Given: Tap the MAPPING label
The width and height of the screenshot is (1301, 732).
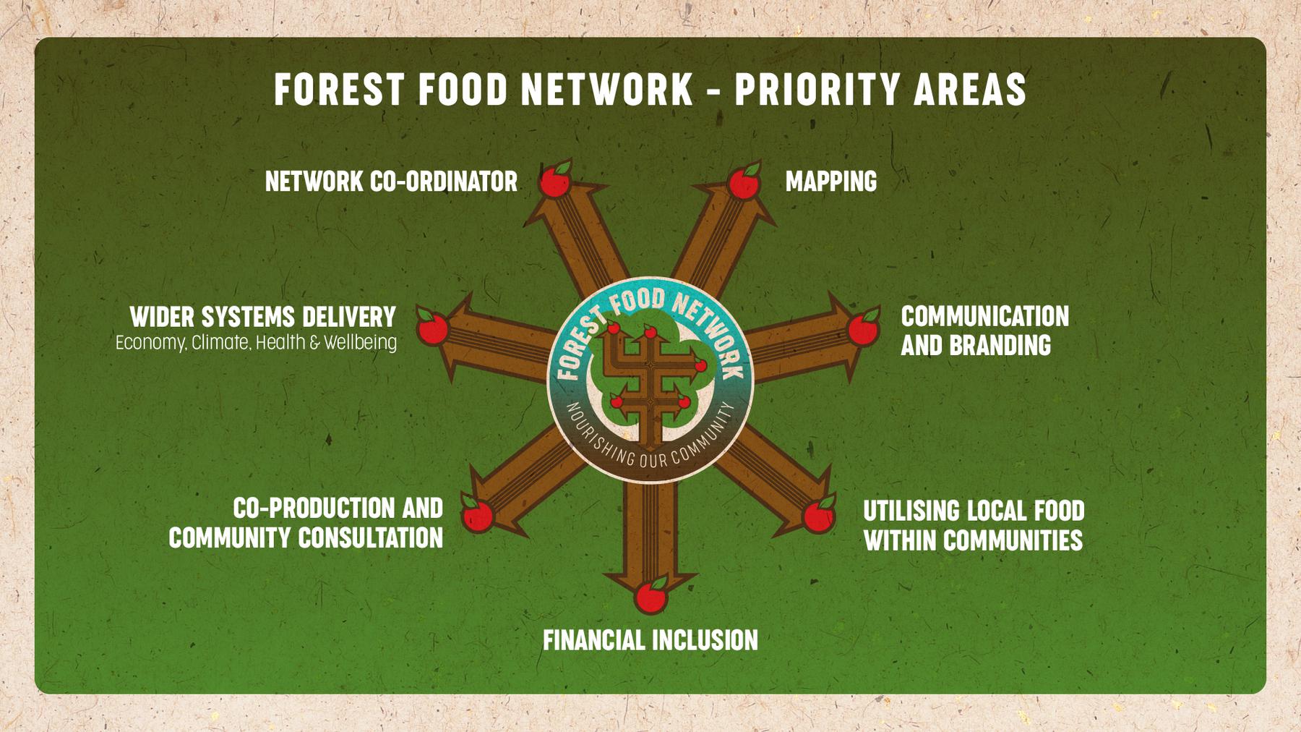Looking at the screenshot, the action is coord(831,181).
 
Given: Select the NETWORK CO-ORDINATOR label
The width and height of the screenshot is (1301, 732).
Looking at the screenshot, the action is coord(391,181).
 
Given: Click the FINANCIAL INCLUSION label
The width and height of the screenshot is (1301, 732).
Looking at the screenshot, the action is coord(650,640).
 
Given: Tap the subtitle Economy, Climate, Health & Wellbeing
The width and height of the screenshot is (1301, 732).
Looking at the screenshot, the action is coord(256,342).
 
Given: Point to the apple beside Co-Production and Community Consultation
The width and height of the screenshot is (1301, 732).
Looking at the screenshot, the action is coord(477,514).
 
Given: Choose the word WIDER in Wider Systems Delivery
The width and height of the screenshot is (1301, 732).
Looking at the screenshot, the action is coord(163,316).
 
